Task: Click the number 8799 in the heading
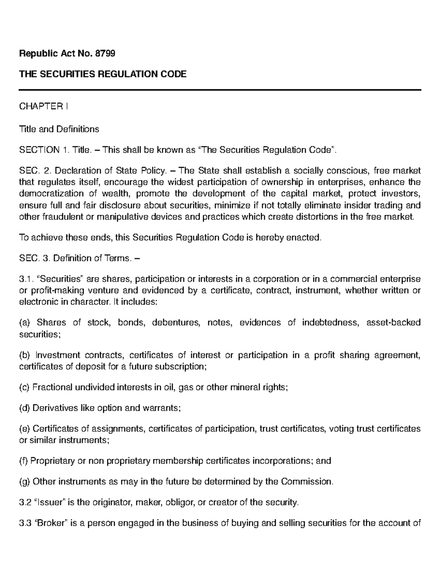[x=105, y=54]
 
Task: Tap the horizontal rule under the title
[x=220, y=90]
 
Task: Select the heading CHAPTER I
[x=43, y=107]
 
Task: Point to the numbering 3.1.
[x=26, y=279]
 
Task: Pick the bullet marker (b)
[x=25, y=355]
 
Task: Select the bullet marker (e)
[x=25, y=429]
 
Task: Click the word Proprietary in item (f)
[x=51, y=461]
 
